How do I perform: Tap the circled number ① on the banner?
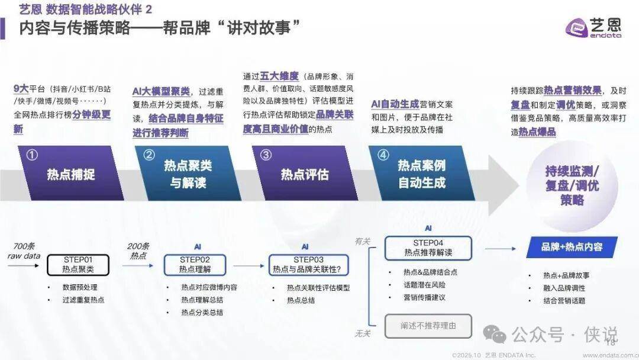33,155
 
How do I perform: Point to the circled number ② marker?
149,155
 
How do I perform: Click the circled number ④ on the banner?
383,155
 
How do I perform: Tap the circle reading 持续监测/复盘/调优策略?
572,185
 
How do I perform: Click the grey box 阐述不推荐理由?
428,326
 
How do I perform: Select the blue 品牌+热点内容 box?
572,247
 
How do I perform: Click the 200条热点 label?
138,251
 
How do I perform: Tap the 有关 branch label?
362,241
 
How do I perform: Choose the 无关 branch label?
362,334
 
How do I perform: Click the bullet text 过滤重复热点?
83,300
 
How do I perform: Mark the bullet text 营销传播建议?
424,297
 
